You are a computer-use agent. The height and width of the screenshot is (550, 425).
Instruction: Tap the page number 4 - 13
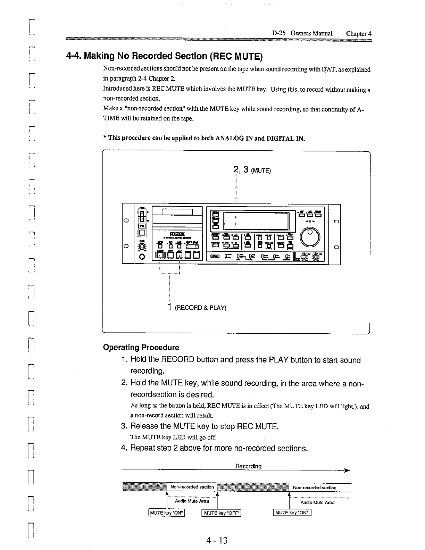216,540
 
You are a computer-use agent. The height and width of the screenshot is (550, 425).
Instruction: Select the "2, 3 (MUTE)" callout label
252,170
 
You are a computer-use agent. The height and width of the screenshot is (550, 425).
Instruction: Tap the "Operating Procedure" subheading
141,348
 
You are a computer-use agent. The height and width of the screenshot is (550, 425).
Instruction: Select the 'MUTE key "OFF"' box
222,513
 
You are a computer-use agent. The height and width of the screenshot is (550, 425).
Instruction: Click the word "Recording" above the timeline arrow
248,466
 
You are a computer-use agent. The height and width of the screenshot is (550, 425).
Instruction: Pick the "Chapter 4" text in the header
359,34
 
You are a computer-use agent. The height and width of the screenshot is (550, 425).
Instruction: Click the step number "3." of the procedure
125,426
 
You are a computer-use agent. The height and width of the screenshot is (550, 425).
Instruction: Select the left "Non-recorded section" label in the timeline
192,487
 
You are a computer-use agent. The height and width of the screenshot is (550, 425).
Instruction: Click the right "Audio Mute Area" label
317,502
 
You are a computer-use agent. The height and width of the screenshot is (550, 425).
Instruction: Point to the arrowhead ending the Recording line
347,471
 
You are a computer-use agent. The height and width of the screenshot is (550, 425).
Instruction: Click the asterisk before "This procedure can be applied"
105,138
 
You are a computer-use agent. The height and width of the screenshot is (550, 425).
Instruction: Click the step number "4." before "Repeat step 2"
125,448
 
